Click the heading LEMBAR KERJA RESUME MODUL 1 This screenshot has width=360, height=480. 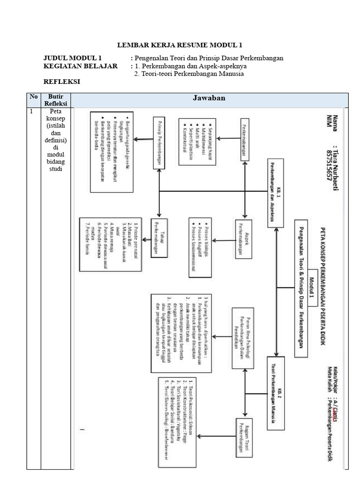[180, 45]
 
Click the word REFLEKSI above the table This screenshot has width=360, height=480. [61, 82]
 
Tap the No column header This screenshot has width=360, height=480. [33, 97]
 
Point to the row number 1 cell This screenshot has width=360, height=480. [31, 112]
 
